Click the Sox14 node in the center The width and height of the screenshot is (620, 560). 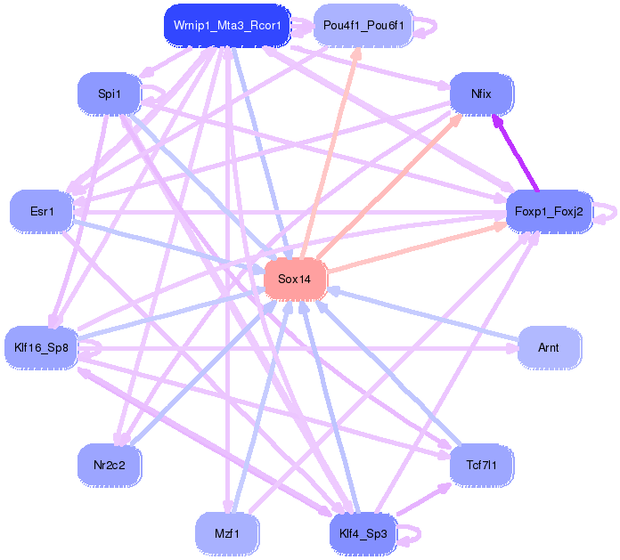pyautogui.click(x=295, y=280)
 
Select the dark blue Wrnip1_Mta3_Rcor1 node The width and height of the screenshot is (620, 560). pyautogui.click(x=228, y=26)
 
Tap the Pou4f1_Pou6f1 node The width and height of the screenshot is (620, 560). pyautogui.click(x=363, y=26)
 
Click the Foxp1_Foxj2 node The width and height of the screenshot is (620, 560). pyautogui.click(x=549, y=212)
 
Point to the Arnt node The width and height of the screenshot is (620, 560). pyautogui.click(x=549, y=347)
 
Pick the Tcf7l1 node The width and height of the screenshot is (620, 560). pyautogui.click(x=482, y=465)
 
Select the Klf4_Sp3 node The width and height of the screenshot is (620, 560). pyautogui.click(x=363, y=534)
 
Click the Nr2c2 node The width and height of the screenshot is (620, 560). pyautogui.click(x=109, y=465)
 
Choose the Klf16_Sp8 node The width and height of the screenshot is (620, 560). pyautogui.click(x=42, y=347)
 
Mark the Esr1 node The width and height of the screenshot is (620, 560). pyautogui.click(x=42, y=212)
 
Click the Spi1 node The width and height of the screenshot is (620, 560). pyautogui.click(x=109, y=93)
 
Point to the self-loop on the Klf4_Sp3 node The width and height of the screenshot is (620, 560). pyautogui.click(x=412, y=534)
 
